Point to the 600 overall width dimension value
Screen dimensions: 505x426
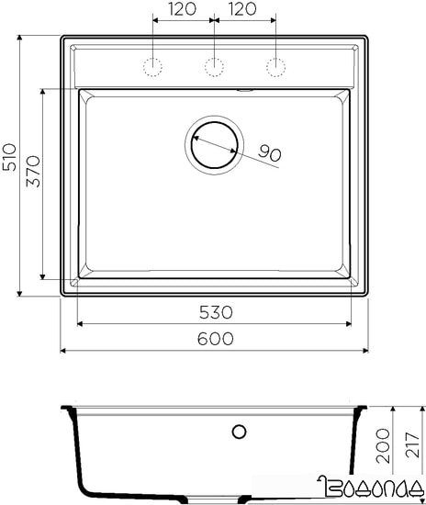click(x=214, y=339)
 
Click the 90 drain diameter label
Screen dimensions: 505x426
click(x=268, y=153)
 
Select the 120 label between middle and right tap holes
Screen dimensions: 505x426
click(x=242, y=11)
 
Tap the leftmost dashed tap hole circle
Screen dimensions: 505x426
click(x=153, y=66)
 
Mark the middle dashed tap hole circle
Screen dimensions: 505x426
click(x=214, y=66)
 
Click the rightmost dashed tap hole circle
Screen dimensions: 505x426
click(x=275, y=66)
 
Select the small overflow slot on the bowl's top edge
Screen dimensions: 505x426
click(x=245, y=90)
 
